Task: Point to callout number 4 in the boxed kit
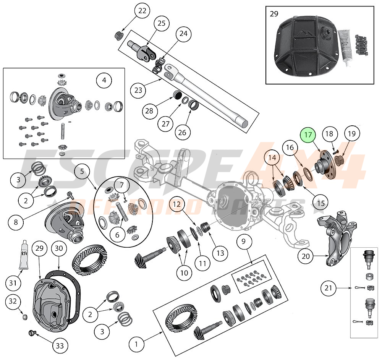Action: [104, 81]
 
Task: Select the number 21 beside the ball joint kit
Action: [328, 289]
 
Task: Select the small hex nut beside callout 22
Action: [118, 36]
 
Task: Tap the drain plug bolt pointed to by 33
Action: [32, 333]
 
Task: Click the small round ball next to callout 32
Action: [25, 316]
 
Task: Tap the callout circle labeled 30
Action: [58, 249]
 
